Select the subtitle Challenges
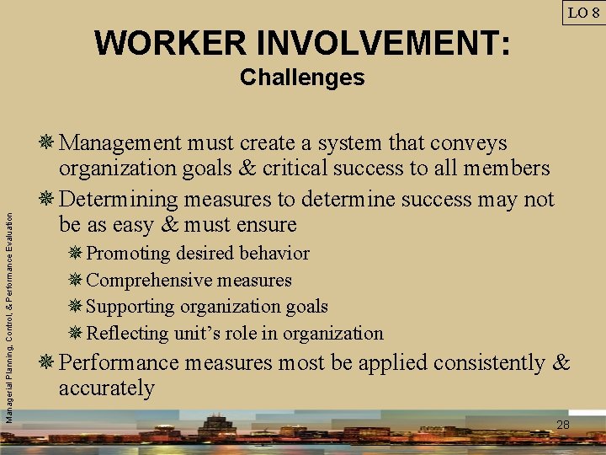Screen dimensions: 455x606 point(302,78)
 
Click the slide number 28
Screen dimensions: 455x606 point(563,425)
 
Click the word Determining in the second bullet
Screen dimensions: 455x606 point(120,201)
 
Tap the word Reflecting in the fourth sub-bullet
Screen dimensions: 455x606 point(127,334)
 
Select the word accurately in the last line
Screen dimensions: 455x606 point(107,388)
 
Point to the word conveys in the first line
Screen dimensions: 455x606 point(471,143)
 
